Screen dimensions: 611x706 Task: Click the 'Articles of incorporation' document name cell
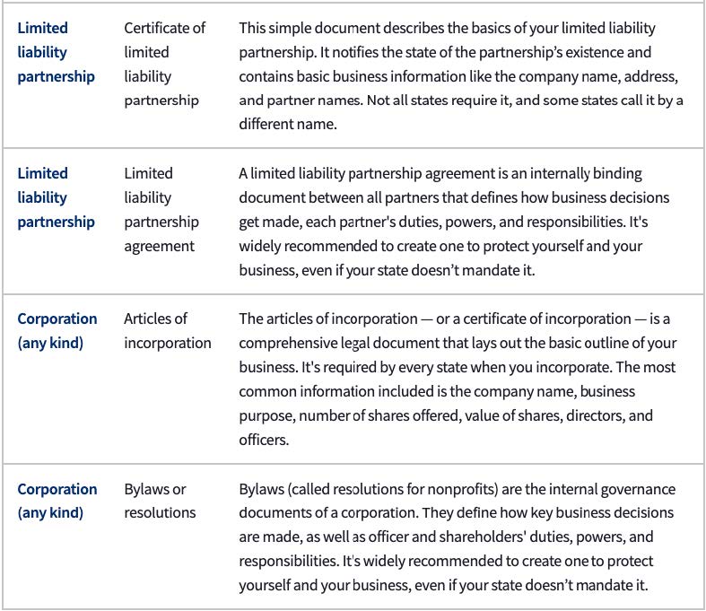pyautogui.click(x=167, y=330)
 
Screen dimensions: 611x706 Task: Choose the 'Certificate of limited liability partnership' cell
pyautogui.click(x=164, y=64)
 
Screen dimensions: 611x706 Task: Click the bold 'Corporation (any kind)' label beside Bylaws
pyautogui.click(x=57, y=501)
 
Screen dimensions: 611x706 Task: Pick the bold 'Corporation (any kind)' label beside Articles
pyautogui.click(x=57, y=330)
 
